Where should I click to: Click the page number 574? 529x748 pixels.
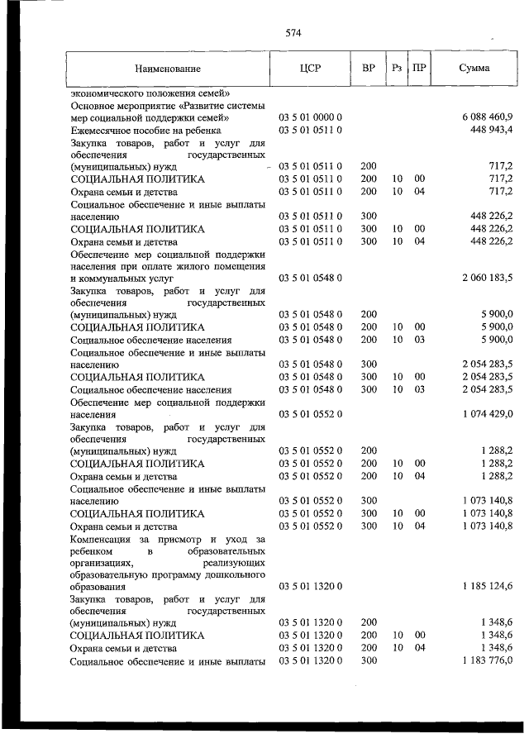coord(293,33)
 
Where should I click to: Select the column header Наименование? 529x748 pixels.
coord(169,69)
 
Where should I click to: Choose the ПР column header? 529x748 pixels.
coord(419,69)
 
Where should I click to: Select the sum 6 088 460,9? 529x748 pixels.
coord(484,117)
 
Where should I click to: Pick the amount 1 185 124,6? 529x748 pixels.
coord(484,586)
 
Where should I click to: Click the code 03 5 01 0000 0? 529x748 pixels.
coord(310,117)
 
